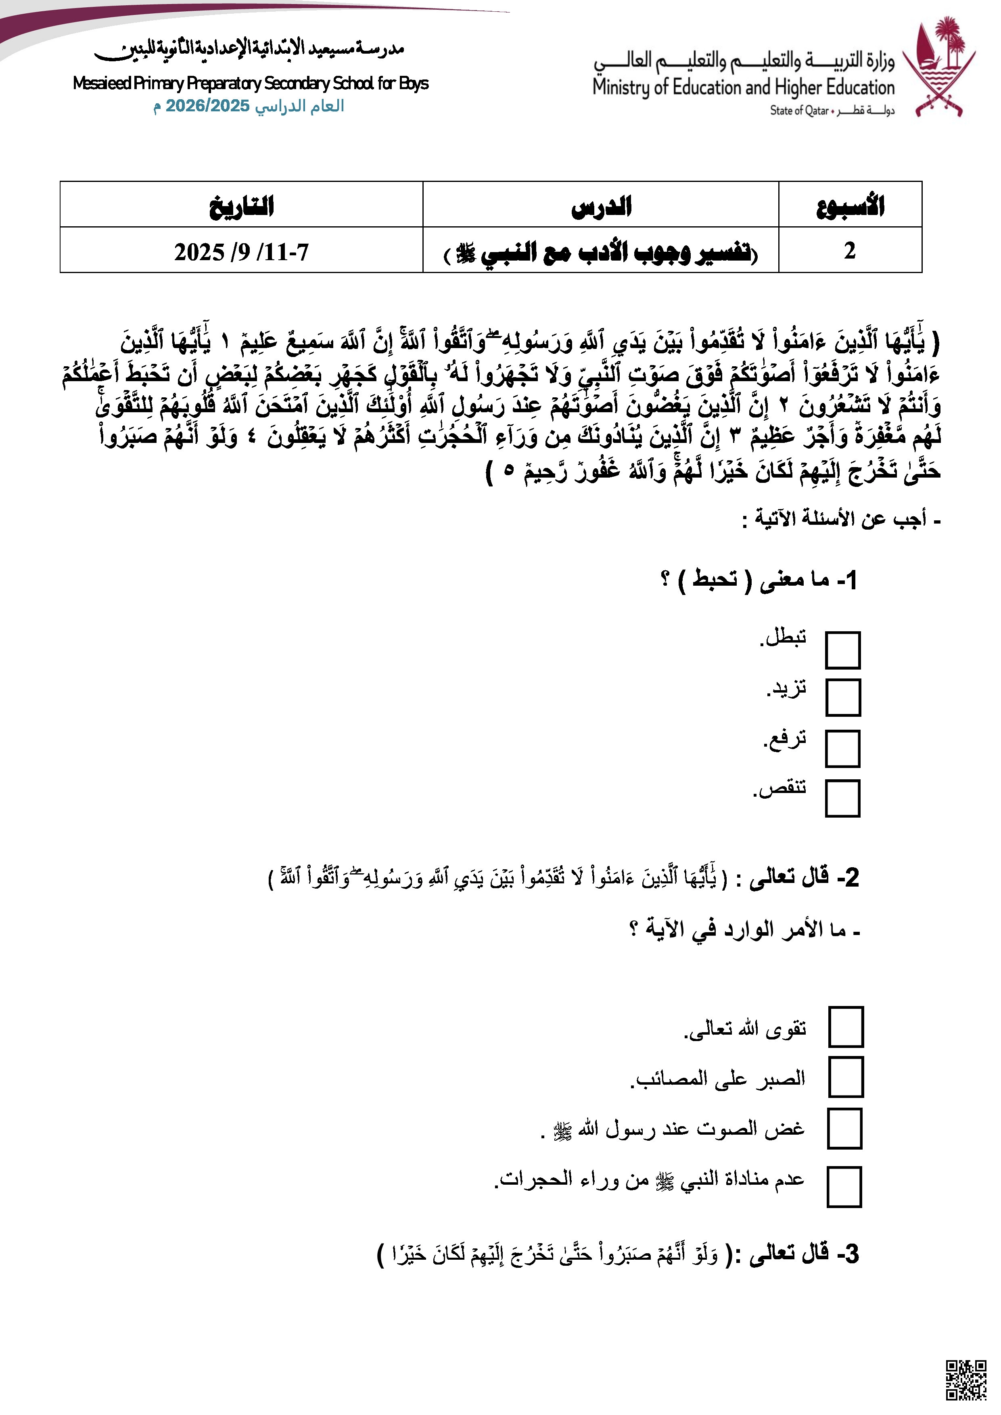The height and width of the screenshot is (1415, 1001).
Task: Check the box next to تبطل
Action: pyautogui.click(x=842, y=649)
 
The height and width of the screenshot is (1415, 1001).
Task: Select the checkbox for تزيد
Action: pyautogui.click(x=842, y=698)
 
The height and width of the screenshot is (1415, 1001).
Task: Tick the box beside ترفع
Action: pyautogui.click(x=842, y=749)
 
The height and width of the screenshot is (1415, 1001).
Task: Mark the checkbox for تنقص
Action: pyautogui.click(x=842, y=798)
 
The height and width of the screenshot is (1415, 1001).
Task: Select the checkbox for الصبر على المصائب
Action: pyautogui.click(x=846, y=1077)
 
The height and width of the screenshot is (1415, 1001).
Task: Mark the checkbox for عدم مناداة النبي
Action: pyautogui.click(x=844, y=1186)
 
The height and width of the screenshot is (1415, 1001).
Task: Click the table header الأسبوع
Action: pyautogui.click(x=850, y=205)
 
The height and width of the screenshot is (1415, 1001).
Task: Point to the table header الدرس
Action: pyautogui.click(x=601, y=205)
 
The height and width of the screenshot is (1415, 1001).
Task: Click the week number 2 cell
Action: pyautogui.click(x=850, y=250)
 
